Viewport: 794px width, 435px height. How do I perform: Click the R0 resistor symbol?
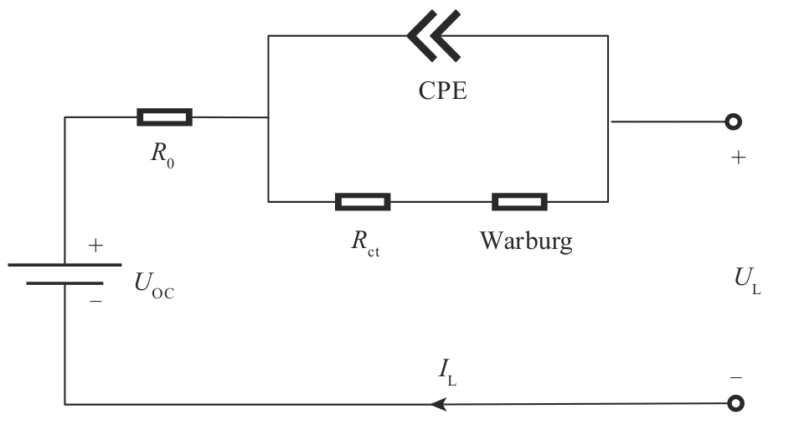click(x=164, y=117)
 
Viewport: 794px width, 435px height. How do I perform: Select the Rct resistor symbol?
click(x=362, y=201)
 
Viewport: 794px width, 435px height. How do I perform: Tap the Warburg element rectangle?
click(x=519, y=201)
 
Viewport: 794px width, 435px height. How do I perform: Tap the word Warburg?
click(x=526, y=241)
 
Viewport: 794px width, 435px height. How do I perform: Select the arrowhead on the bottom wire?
click(x=437, y=405)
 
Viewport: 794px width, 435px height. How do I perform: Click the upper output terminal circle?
click(x=734, y=122)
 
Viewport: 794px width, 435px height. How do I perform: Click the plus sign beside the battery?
click(x=95, y=246)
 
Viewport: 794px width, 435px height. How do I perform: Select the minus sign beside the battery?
click(x=95, y=299)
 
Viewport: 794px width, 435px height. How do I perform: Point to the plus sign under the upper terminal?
click(x=738, y=158)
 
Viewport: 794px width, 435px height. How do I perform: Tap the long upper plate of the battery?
click(x=64, y=264)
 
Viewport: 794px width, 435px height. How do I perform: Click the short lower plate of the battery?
click(x=64, y=282)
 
